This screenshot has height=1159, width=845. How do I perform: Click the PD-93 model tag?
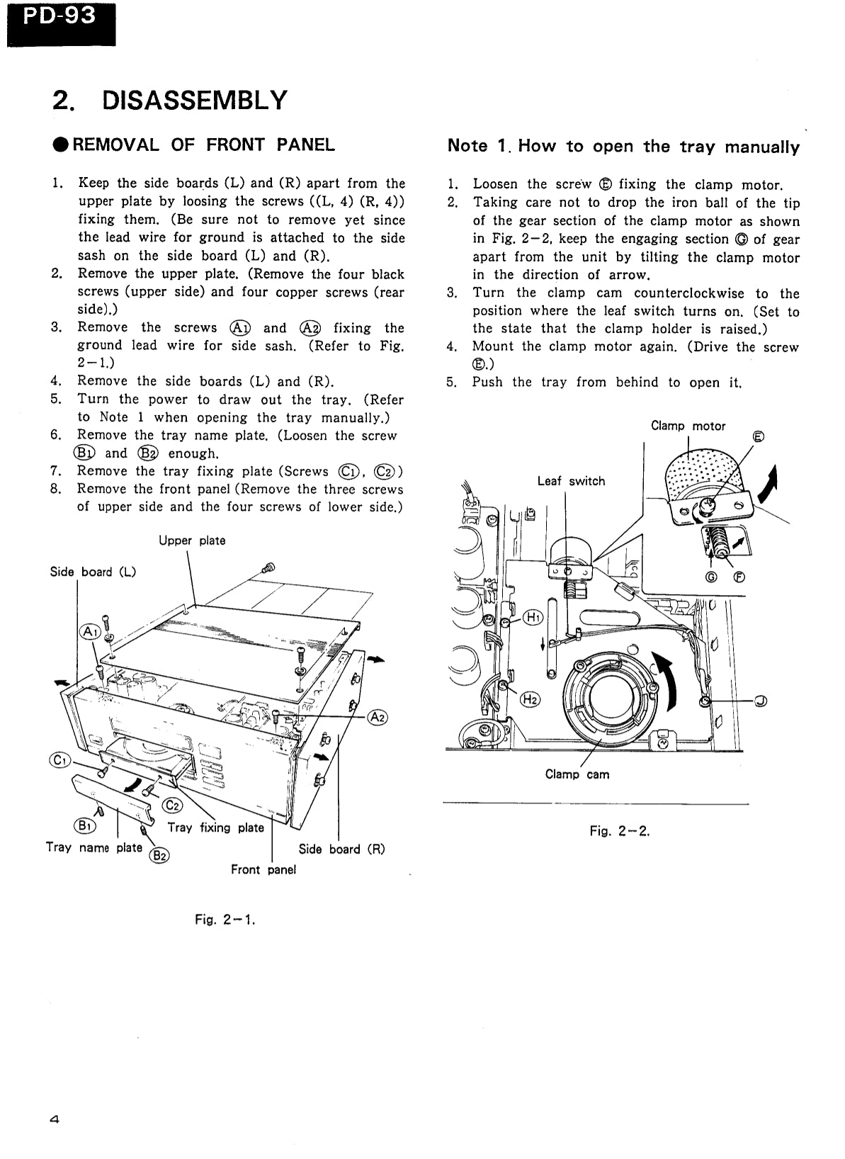click(x=59, y=16)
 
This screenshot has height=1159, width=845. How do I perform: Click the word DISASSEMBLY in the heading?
click(x=195, y=101)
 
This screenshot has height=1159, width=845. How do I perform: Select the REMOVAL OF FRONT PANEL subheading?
click(x=203, y=145)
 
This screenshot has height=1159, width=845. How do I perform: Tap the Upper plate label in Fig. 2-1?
click(x=192, y=541)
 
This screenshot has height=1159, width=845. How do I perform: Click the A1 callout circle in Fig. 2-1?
click(x=90, y=631)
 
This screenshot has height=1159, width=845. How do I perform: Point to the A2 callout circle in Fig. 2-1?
click(x=378, y=717)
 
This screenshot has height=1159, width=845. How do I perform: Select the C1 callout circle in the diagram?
click(x=59, y=760)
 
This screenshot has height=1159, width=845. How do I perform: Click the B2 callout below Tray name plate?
click(x=160, y=856)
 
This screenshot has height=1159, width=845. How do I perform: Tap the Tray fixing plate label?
click(x=215, y=827)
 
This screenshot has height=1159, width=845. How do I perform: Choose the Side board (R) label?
click(x=341, y=849)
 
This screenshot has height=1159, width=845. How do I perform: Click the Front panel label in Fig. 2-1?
click(x=263, y=869)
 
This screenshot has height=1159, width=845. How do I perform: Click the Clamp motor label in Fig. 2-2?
click(x=688, y=426)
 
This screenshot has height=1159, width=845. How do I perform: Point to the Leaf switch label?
click(x=571, y=481)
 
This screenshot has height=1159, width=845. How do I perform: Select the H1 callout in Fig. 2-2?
click(x=533, y=617)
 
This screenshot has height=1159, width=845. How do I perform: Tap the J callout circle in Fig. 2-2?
click(x=760, y=701)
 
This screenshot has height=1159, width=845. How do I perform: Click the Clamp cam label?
click(x=577, y=774)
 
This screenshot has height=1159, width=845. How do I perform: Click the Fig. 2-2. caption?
click(x=619, y=831)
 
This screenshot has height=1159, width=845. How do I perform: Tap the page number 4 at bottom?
click(x=55, y=1120)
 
